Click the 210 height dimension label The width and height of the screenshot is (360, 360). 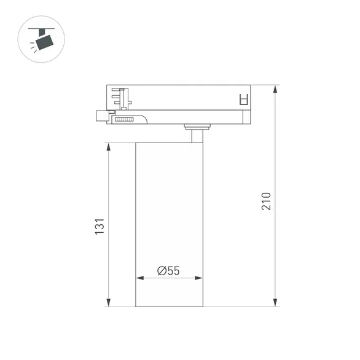tap(266, 201)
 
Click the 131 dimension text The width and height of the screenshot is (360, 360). tap(100, 225)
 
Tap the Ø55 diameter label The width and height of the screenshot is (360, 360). tap(168, 270)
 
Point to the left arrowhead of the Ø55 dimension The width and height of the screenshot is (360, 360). tap(138, 278)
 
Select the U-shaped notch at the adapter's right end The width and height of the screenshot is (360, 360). tap(243, 98)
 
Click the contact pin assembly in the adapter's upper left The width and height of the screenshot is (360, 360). tap(121, 97)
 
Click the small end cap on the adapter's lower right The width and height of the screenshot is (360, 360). tap(246, 117)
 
